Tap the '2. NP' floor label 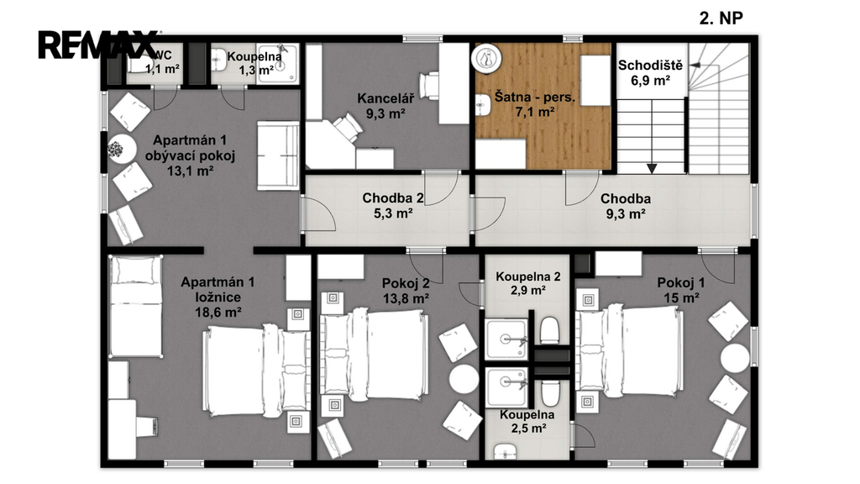(721, 18)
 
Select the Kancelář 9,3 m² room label (385, 106)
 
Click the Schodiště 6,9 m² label (651, 73)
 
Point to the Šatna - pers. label (535, 97)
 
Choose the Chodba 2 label (393, 198)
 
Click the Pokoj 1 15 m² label (680, 290)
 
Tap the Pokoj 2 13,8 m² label (406, 291)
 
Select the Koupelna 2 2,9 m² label (528, 283)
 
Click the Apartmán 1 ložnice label (218, 297)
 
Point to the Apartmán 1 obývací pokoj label (191, 155)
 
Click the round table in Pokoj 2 (464, 379)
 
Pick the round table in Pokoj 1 (735, 358)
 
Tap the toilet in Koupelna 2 (549, 330)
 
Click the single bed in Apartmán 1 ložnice (136, 306)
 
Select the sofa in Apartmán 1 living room (278, 155)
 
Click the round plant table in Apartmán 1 (121, 149)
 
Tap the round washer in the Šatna (486, 58)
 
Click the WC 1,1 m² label (162, 62)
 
